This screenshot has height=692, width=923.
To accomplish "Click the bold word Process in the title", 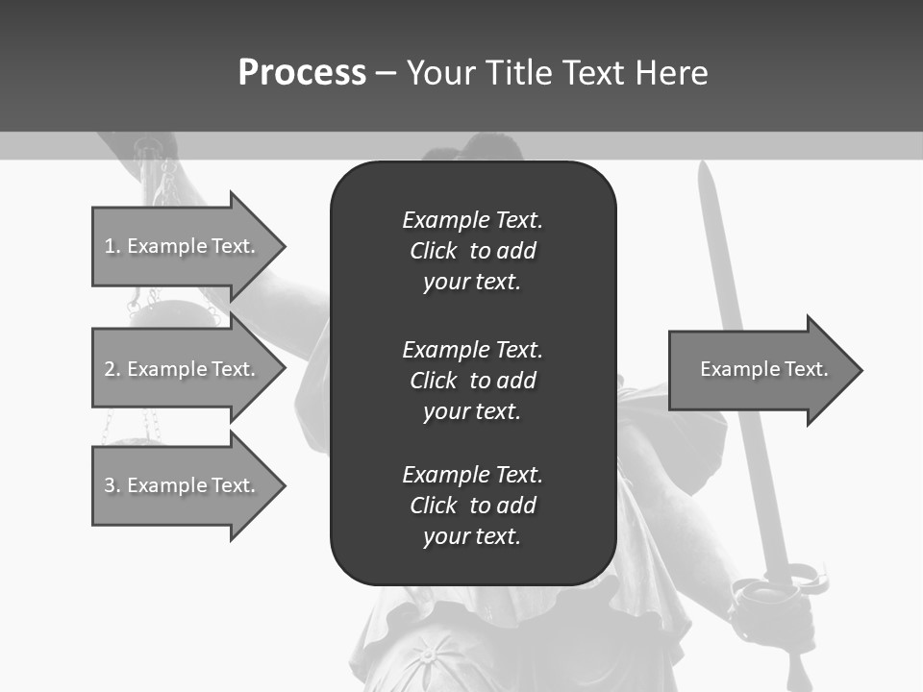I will coord(302,73).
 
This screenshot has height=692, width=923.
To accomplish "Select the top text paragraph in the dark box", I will coord(472,251).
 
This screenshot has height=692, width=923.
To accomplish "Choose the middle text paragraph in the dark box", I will coord(472,380).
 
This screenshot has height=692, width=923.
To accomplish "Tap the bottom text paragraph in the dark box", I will coord(472,505).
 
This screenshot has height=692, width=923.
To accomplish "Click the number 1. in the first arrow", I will coord(112,246).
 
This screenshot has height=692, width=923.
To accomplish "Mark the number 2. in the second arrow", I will coord(112,369).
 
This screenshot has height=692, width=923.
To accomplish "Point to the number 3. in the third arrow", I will coord(112,485).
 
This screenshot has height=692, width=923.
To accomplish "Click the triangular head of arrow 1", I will coord(257,246).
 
